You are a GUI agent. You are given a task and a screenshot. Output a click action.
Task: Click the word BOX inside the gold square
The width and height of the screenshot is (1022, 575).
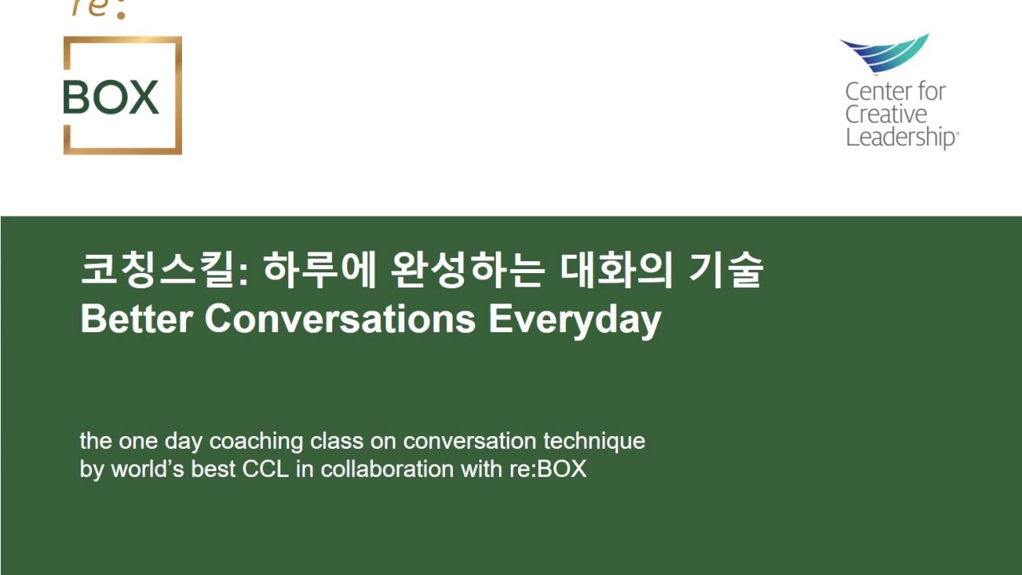(x=111, y=97)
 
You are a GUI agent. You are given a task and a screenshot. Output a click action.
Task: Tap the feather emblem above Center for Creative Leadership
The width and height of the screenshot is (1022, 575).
(x=885, y=52)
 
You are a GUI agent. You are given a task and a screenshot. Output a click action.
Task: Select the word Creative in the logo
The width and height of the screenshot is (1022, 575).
(x=886, y=114)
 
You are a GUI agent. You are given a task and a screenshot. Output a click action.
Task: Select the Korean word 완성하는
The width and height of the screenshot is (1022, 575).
(x=468, y=271)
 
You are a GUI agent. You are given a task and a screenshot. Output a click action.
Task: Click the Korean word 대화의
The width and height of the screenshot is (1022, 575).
(x=616, y=271)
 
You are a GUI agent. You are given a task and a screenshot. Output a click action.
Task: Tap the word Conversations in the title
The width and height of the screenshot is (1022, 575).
(x=340, y=319)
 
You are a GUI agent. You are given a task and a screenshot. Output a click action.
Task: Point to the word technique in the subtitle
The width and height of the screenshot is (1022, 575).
(x=594, y=441)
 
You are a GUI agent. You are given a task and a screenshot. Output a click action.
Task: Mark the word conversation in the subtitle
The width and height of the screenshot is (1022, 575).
(x=470, y=441)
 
